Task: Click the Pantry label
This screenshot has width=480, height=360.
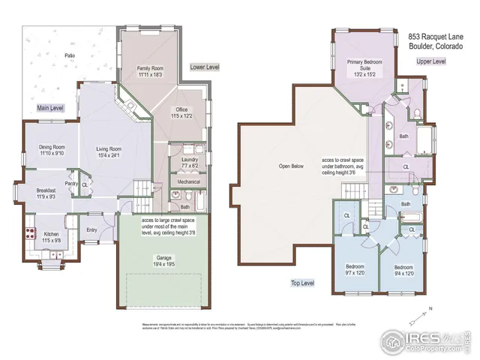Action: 70,183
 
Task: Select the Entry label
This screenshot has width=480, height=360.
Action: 91,230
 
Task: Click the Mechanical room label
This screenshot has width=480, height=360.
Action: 189,181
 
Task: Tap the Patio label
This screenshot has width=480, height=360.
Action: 70,55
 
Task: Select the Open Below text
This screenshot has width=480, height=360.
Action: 291,166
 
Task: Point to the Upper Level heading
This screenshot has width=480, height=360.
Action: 430,61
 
